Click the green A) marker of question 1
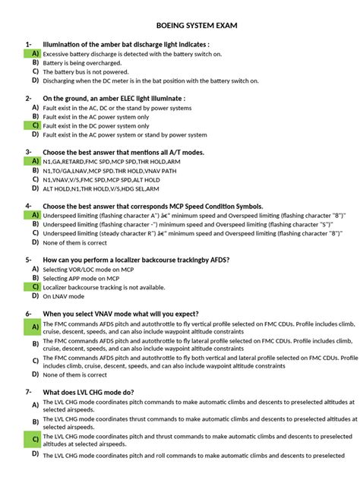pyautogui.click(x=35, y=54)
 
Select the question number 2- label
pyautogui.click(x=28, y=99)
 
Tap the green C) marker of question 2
pyautogui.click(x=35, y=125)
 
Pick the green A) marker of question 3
pyautogui.click(x=35, y=161)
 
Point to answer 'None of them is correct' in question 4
pyautogui.click(x=75, y=243)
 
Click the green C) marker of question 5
pyautogui.click(x=35, y=287)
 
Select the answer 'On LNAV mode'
pyautogui.click(x=64, y=297)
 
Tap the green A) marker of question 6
pyautogui.click(x=35, y=327)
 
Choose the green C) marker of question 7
pyautogui.click(x=35, y=440)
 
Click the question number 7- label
pyautogui.click(x=28, y=392)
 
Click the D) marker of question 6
pyautogui.click(x=35, y=374)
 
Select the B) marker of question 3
pyautogui.click(x=35, y=170)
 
